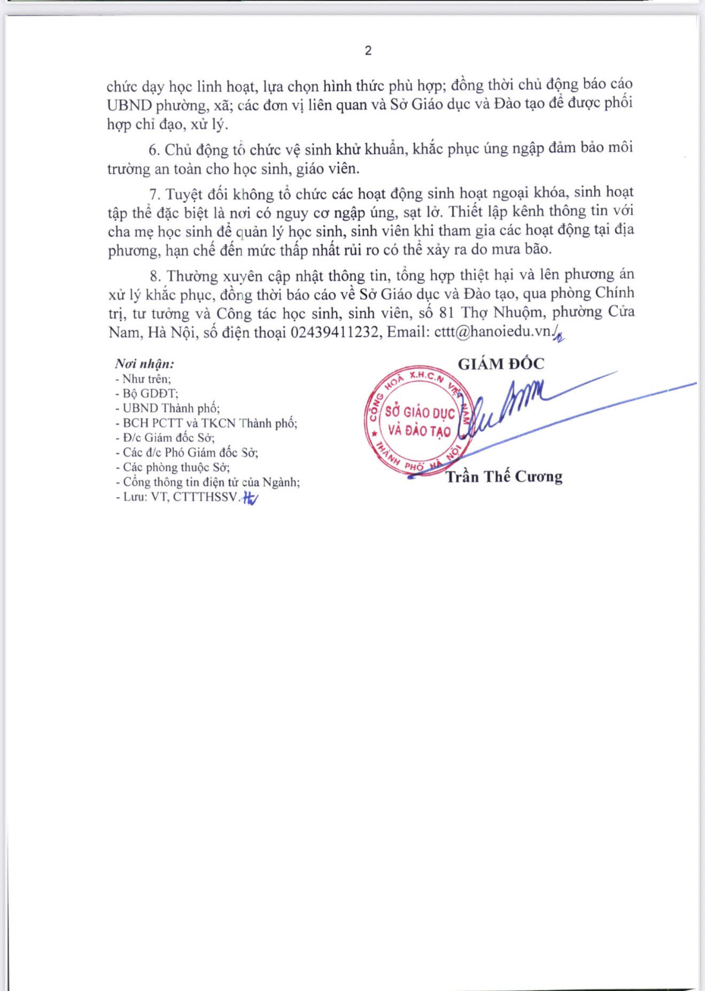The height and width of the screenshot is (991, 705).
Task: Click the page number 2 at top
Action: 368,51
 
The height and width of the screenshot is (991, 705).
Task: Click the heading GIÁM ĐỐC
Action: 501,364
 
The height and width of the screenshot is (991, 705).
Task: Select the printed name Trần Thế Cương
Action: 504,476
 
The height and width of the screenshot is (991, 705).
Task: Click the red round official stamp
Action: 419,421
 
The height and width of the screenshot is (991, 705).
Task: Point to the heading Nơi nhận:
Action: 144,364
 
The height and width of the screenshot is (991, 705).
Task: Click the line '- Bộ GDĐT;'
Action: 146,393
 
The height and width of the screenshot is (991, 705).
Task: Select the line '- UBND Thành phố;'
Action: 167,408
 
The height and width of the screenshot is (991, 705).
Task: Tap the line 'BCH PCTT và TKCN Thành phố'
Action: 209,423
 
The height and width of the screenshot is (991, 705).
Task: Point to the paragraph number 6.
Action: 154,150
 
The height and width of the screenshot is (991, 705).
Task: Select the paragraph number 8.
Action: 155,276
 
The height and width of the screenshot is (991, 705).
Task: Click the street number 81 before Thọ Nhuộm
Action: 447,312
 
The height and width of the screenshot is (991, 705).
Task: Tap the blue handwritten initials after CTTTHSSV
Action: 250,498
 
